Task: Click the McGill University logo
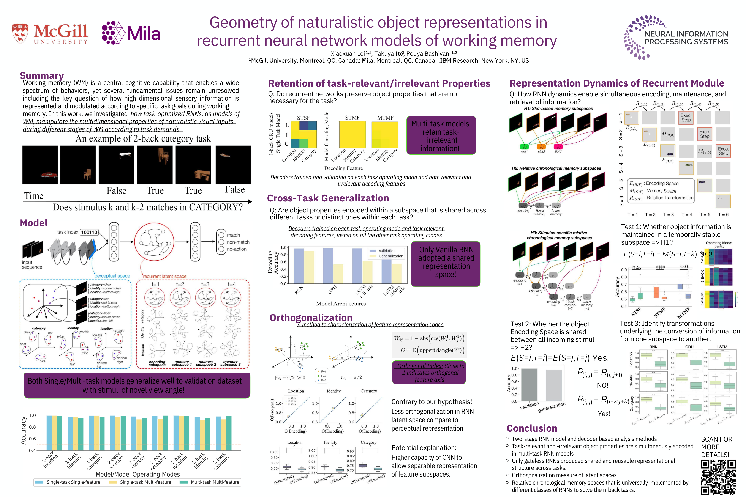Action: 50,33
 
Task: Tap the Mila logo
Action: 131,33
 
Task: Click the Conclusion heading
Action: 532,428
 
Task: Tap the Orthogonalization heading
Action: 311,318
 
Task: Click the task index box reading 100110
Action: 89,232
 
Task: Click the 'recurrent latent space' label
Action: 165,276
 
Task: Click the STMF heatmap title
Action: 352,118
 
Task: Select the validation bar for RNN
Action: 299,266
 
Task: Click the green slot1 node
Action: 524,147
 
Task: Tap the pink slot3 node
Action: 558,146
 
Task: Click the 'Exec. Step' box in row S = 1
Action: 686,118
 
